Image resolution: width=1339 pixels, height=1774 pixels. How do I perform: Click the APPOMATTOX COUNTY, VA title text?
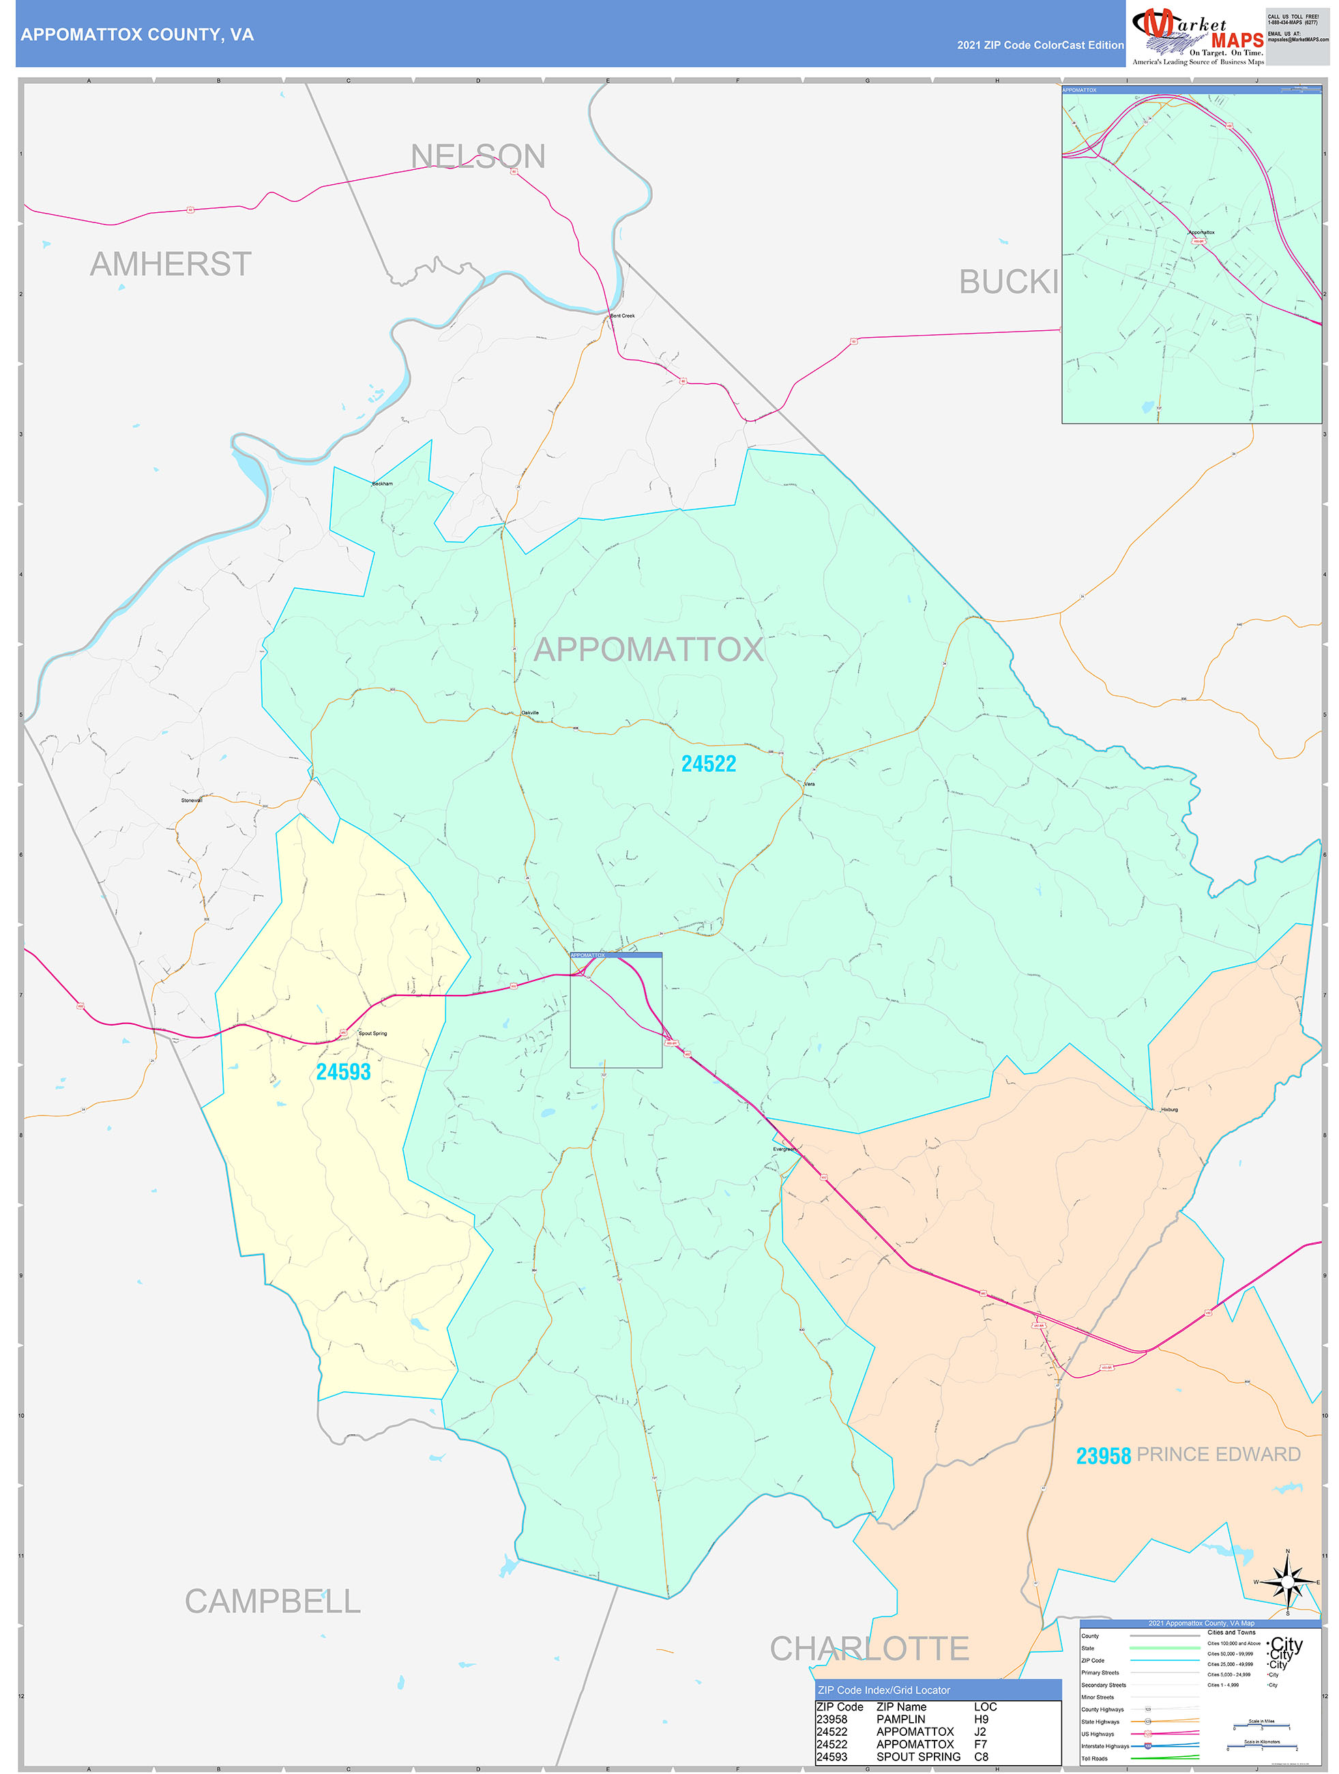click(137, 35)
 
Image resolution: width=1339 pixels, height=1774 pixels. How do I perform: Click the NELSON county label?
click(478, 156)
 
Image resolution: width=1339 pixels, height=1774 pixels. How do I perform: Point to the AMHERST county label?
click(171, 265)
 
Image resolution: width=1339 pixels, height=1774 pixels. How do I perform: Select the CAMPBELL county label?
click(273, 1601)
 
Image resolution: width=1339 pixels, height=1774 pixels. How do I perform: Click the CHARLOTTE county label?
click(869, 1649)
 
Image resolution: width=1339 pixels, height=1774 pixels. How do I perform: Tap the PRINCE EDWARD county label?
click(1218, 1455)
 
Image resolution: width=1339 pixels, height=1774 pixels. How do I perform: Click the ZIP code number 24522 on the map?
click(708, 764)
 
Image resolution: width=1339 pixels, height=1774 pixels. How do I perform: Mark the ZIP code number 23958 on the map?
click(1102, 1455)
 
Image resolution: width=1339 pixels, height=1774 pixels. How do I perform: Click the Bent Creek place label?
click(622, 316)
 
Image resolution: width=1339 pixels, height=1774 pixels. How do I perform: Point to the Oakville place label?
click(530, 713)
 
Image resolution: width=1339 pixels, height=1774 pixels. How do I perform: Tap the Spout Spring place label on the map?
click(373, 1034)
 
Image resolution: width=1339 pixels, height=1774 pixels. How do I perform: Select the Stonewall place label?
click(192, 800)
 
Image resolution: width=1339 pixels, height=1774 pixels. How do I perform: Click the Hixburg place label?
click(1169, 1110)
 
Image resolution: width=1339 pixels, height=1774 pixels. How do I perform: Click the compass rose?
click(1287, 1582)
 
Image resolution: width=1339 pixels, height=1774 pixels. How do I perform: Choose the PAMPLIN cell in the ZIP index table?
click(900, 1719)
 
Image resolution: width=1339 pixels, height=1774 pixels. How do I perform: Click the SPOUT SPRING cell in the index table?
click(918, 1756)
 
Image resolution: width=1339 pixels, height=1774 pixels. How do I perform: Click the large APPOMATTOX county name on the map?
click(649, 650)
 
